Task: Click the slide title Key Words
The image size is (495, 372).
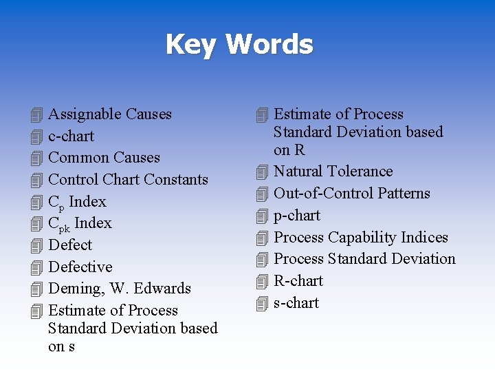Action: coord(239,45)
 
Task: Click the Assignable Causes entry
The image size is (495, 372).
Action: coord(110,114)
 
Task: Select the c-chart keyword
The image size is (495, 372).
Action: coord(71,136)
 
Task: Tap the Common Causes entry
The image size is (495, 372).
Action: coord(104,158)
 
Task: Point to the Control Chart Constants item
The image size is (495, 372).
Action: coord(128,180)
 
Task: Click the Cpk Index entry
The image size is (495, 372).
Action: coord(80,223)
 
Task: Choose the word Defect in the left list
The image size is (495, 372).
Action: coord(70,245)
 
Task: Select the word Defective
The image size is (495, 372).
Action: coord(80,267)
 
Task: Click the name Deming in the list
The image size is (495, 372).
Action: coord(73,289)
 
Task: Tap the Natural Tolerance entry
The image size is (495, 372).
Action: coord(333,172)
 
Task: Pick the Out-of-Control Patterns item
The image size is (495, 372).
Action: coord(351,194)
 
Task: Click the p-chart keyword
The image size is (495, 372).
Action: coord(297,216)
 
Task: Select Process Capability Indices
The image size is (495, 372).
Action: coord(361,238)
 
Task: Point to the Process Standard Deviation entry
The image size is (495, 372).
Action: coord(364,259)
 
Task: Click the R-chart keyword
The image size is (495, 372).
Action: coord(298,281)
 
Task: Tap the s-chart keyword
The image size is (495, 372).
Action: coord(296,303)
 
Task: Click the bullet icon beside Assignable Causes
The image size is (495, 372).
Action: coord(37,115)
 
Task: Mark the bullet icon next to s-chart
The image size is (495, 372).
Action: coord(261,304)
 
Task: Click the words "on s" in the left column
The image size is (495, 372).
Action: coord(61,347)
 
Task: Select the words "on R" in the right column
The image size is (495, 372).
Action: coord(289,150)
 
